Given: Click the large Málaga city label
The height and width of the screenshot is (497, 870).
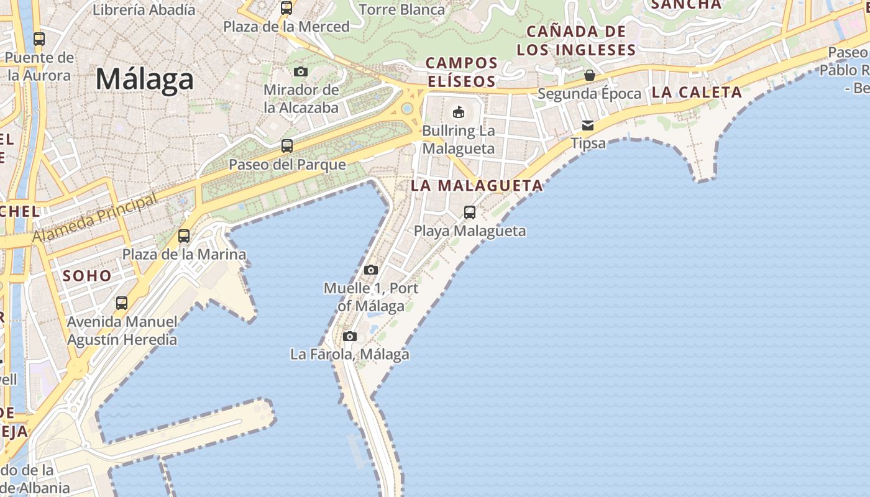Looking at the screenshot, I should [144, 80].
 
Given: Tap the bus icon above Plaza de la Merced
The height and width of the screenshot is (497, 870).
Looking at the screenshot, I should [286, 8].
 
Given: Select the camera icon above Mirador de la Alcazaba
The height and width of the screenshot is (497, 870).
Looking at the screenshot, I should [301, 72].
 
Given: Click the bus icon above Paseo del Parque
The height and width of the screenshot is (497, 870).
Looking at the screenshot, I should [287, 146].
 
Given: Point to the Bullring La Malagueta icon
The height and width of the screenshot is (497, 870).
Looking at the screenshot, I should [459, 112].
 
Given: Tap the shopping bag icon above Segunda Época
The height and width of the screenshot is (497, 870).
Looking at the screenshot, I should [589, 75].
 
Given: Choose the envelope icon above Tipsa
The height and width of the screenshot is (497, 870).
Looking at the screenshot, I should [588, 126].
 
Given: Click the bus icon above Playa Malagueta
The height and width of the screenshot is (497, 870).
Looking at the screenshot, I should [470, 212].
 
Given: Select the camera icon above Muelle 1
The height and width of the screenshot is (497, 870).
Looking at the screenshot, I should [371, 270].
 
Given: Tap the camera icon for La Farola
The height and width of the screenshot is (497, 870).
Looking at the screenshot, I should [350, 336].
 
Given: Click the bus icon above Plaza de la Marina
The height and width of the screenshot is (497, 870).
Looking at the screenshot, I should [184, 236].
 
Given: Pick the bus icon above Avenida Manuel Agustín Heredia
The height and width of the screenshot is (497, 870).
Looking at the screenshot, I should [122, 303].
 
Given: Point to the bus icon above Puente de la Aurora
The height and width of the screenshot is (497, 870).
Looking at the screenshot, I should [39, 39].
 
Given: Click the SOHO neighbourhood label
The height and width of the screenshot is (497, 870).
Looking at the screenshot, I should [87, 276].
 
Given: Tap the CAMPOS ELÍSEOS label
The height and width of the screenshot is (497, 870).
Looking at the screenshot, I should [462, 72].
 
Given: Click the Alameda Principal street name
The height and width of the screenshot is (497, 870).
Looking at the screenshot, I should [94, 219].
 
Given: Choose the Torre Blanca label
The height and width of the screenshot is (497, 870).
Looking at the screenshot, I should [402, 9].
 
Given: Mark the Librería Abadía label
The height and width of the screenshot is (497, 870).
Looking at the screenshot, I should [144, 9].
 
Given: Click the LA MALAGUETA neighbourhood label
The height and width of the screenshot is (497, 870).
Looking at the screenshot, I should [477, 185].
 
